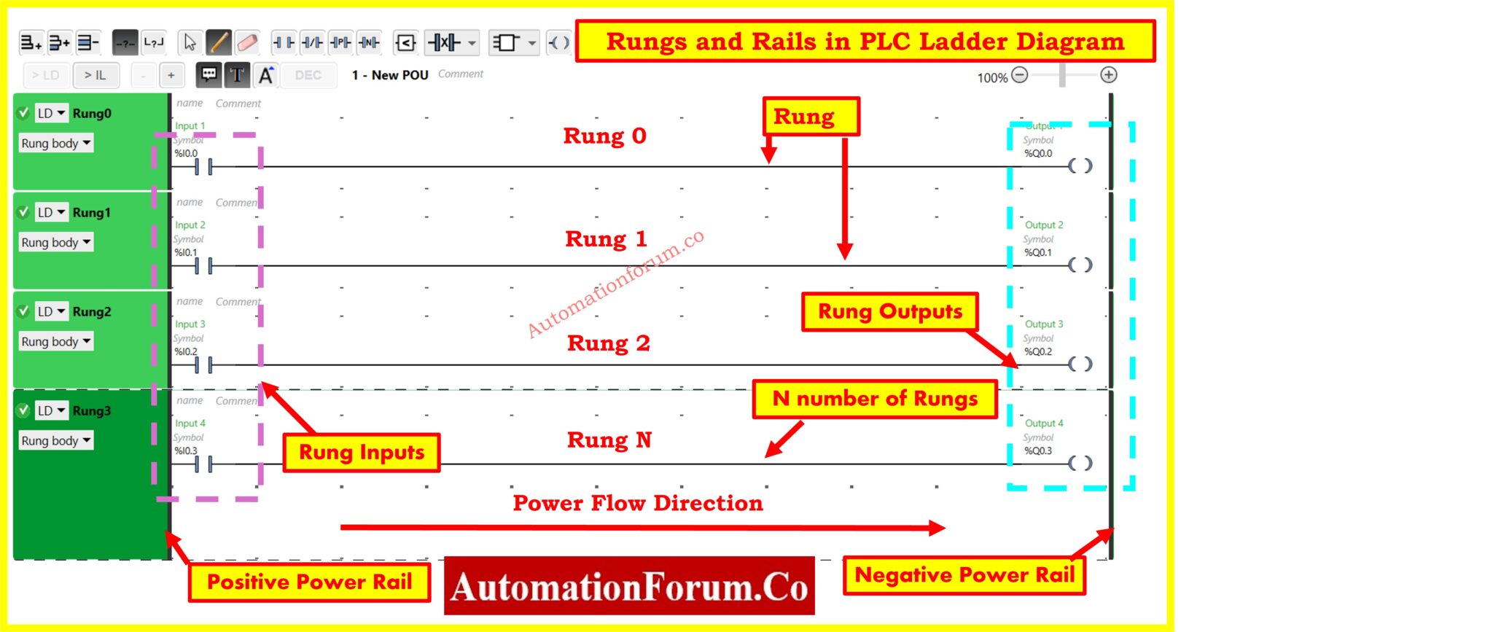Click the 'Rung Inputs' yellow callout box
pos(362,453)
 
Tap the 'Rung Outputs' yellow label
pos(889,312)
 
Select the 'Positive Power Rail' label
pos(309,582)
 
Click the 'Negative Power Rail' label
pos(964,575)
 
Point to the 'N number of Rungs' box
pos(875,399)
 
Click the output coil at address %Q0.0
pos(1080,166)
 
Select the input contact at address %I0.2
pos(203,364)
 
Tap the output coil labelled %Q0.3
pos(1080,464)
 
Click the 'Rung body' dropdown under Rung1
pos(56,243)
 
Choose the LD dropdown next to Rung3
pos(52,410)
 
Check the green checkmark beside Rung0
pos(23,113)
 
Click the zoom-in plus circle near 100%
pos(1108,75)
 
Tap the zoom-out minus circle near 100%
pos(1020,75)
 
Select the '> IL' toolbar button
pos(95,75)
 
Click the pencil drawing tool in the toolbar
pos(219,43)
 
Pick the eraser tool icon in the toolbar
pos(247,43)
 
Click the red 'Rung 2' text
pos(608,343)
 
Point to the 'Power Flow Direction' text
pos(637,503)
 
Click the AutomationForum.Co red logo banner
pos(629,587)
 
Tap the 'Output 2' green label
pos(1044,225)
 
